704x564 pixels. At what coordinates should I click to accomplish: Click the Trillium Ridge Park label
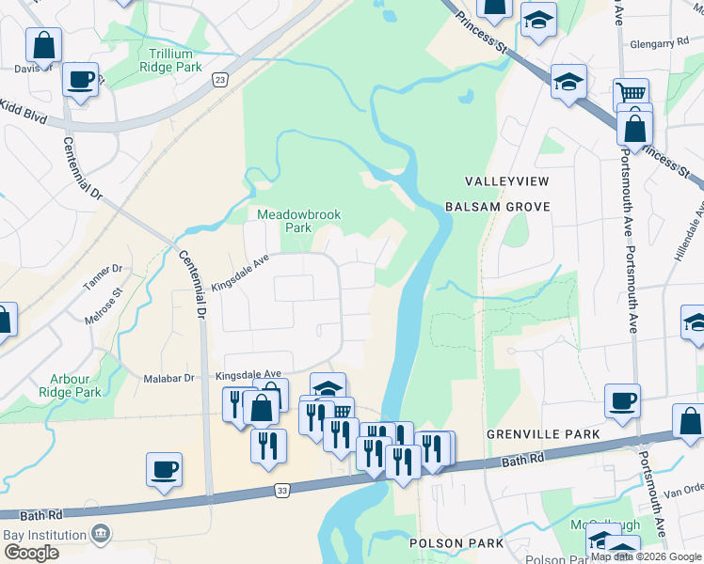coord(170,61)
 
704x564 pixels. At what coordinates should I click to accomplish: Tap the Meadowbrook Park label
coord(298,221)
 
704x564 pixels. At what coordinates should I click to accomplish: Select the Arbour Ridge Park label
coord(76,385)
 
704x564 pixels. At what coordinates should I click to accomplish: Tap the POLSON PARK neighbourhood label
coord(449,543)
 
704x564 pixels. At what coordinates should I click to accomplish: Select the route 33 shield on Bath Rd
coord(282,490)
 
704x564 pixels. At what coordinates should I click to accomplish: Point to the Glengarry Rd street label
coord(663,43)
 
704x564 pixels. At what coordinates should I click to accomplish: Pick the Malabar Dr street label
coord(168,378)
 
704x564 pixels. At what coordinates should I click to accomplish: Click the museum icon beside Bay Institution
coord(100,535)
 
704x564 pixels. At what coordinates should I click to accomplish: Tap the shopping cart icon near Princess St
coord(631,94)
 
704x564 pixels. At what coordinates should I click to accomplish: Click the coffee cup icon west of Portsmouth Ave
coord(622,400)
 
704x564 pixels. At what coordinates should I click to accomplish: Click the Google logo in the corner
coord(31,553)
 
